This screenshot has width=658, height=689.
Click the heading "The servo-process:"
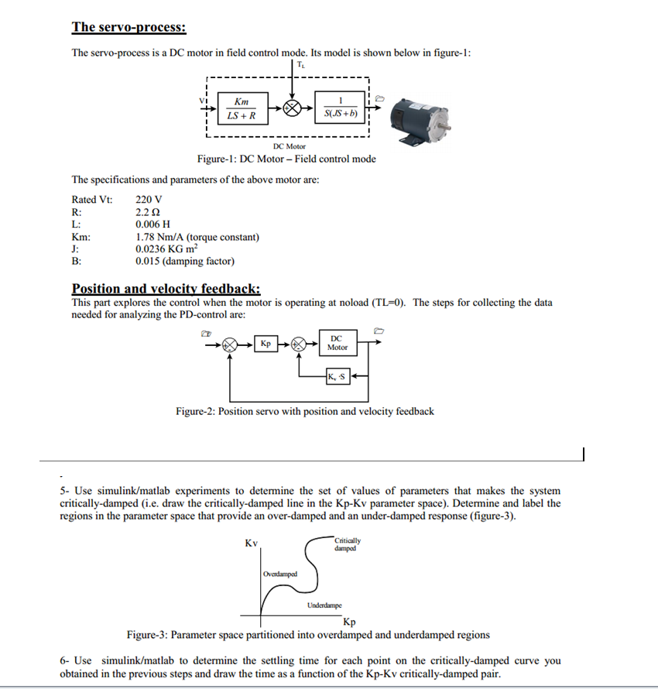point(129,27)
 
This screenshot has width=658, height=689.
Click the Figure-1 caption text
point(286,159)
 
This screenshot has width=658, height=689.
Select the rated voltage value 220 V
point(149,200)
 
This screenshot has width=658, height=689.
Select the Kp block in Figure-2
point(266,343)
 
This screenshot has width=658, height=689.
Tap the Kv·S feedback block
point(338,377)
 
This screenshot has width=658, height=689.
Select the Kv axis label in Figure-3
point(251,543)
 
